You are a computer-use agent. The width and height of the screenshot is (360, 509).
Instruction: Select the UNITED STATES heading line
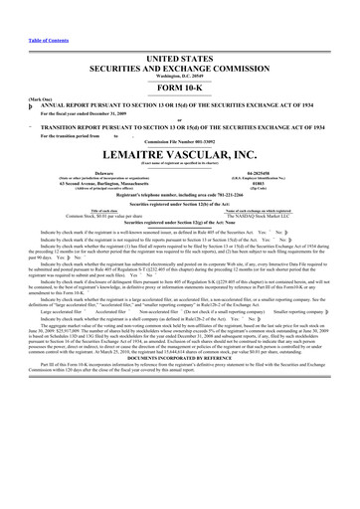click(x=180, y=59)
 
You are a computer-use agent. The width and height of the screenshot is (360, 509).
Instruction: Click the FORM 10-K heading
click(x=180, y=90)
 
